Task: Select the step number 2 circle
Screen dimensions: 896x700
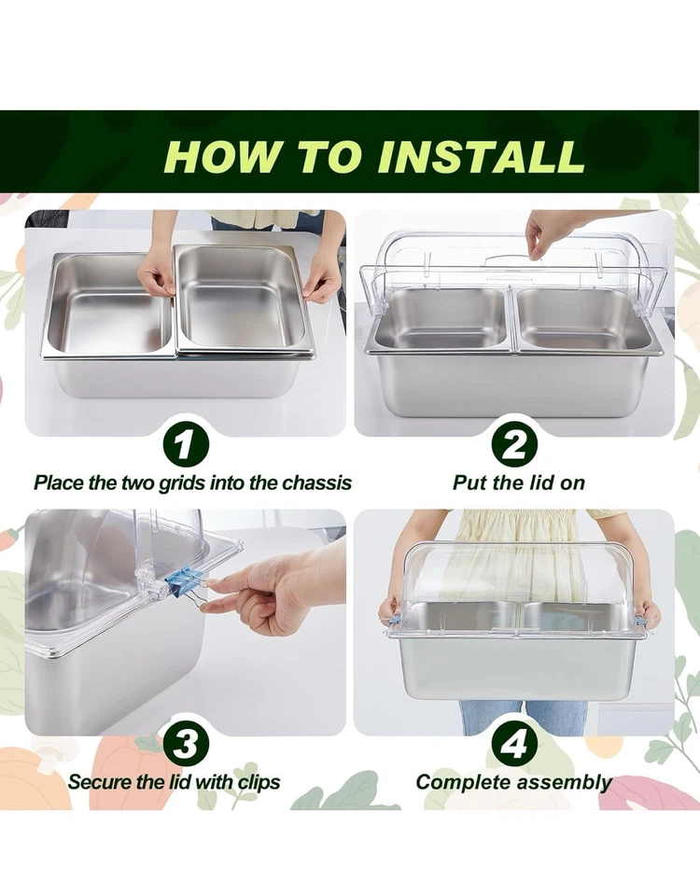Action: pos(514,445)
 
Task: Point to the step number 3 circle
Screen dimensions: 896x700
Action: pos(186,744)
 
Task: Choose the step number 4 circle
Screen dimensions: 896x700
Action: pos(514,744)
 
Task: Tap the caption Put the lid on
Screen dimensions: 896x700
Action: pos(518,483)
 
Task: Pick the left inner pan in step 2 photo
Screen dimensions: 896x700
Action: pos(439,317)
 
